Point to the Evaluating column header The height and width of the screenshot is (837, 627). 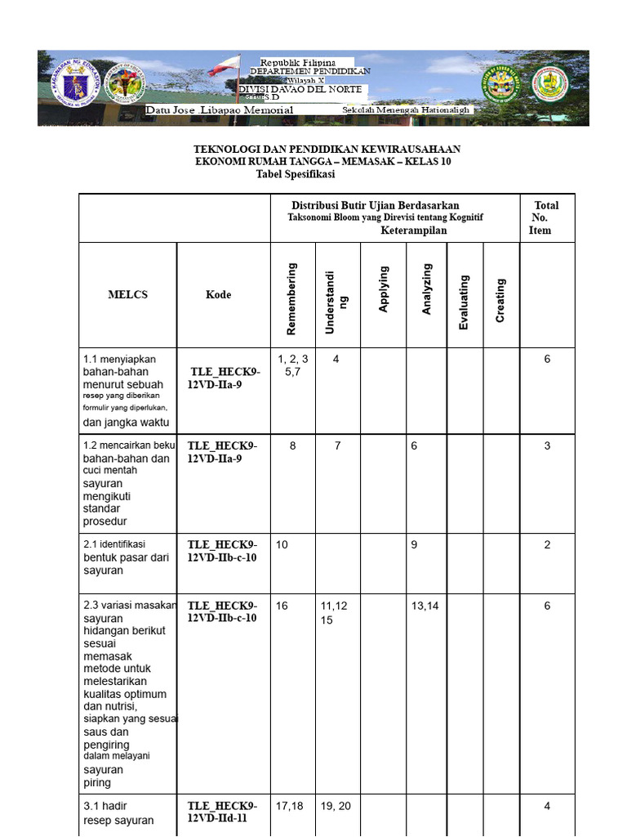tap(464, 302)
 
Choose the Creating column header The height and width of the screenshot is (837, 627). tap(500, 300)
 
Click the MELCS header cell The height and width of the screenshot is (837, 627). tap(127, 294)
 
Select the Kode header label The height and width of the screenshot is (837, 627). tap(218, 294)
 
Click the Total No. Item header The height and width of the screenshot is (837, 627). tap(545, 217)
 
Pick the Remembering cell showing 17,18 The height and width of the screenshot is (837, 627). tap(290, 806)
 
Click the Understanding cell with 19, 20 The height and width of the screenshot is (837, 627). tap(336, 806)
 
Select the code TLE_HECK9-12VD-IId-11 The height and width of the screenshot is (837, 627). tap(222, 813)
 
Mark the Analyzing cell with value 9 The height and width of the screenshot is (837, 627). tap(415, 545)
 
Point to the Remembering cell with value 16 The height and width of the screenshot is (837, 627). tap(282, 606)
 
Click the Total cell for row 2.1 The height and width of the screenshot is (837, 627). tap(547, 545)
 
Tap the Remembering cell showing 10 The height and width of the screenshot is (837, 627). tap(282, 545)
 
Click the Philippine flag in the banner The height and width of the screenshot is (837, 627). tap(225, 66)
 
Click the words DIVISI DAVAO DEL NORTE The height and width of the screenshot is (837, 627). tap(303, 89)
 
